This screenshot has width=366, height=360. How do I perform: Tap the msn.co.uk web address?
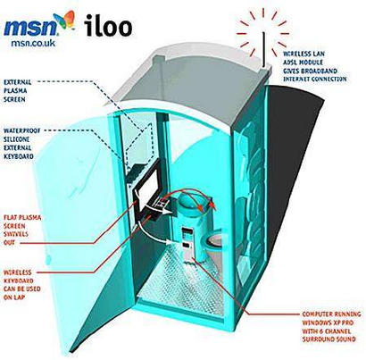tap(33, 43)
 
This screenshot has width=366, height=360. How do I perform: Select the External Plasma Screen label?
tap(17, 91)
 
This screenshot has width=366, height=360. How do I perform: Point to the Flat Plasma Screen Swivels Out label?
tap(22, 230)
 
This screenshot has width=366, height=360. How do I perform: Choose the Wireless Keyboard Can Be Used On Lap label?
tap(22, 285)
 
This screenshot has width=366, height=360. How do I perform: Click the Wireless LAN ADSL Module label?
tap(315, 67)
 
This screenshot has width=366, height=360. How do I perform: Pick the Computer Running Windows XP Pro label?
tap(332, 327)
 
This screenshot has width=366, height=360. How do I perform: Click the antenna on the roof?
tap(263, 49)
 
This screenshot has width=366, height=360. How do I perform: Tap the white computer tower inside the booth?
tap(188, 245)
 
